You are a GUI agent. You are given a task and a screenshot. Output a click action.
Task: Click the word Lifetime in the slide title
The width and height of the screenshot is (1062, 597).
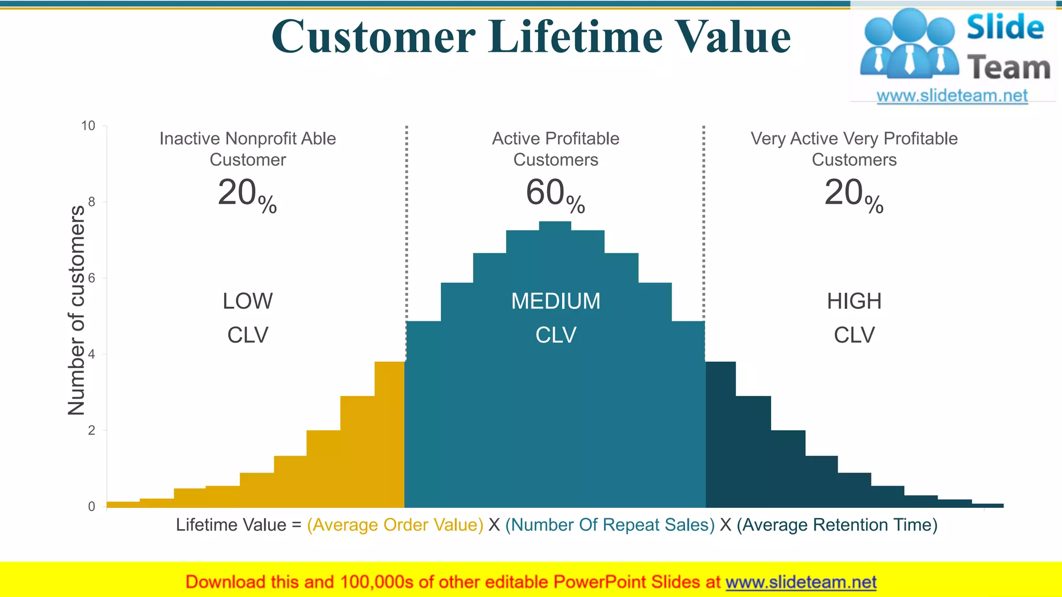576,37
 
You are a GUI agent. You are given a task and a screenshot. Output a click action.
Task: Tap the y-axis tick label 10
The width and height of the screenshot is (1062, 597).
88,126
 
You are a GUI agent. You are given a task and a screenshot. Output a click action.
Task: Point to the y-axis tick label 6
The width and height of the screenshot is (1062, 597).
92,278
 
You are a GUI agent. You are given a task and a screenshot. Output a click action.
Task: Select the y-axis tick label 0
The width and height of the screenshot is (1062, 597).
92,506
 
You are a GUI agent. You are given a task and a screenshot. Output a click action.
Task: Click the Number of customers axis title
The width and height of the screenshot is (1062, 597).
76,310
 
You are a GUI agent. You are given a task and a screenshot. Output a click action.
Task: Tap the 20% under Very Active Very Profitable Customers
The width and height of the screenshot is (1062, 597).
854,194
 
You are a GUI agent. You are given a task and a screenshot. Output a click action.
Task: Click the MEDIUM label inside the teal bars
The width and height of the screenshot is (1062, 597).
555,301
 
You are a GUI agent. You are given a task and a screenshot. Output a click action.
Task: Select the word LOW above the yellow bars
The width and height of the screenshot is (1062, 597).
247,301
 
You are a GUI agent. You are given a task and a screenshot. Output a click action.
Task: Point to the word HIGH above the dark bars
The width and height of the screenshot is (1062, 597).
854,301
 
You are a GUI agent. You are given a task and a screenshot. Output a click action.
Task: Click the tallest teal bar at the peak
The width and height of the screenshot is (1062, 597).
555,363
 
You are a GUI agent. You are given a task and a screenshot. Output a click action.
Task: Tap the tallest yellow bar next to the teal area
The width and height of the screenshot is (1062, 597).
389,435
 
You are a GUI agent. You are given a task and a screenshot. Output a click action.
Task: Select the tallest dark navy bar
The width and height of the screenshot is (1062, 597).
720,435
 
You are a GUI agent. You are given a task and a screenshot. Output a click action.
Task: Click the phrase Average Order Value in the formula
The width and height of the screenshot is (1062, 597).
395,525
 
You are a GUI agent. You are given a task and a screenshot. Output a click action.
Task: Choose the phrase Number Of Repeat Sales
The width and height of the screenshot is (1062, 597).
610,525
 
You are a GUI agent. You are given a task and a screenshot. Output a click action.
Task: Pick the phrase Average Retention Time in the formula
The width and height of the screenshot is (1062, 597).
837,525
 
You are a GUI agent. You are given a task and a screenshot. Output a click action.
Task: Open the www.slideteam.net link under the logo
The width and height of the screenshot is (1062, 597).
952,96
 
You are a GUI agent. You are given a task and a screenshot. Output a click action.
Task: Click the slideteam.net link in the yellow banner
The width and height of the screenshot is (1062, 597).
801,582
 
